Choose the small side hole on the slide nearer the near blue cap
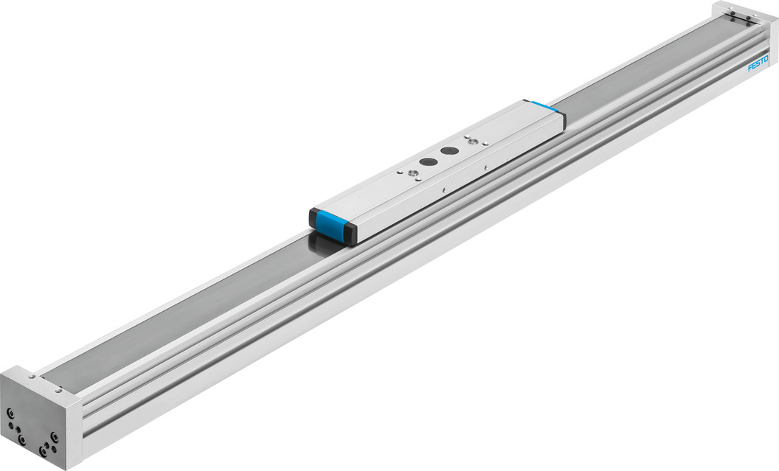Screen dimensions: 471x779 click(441, 190)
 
